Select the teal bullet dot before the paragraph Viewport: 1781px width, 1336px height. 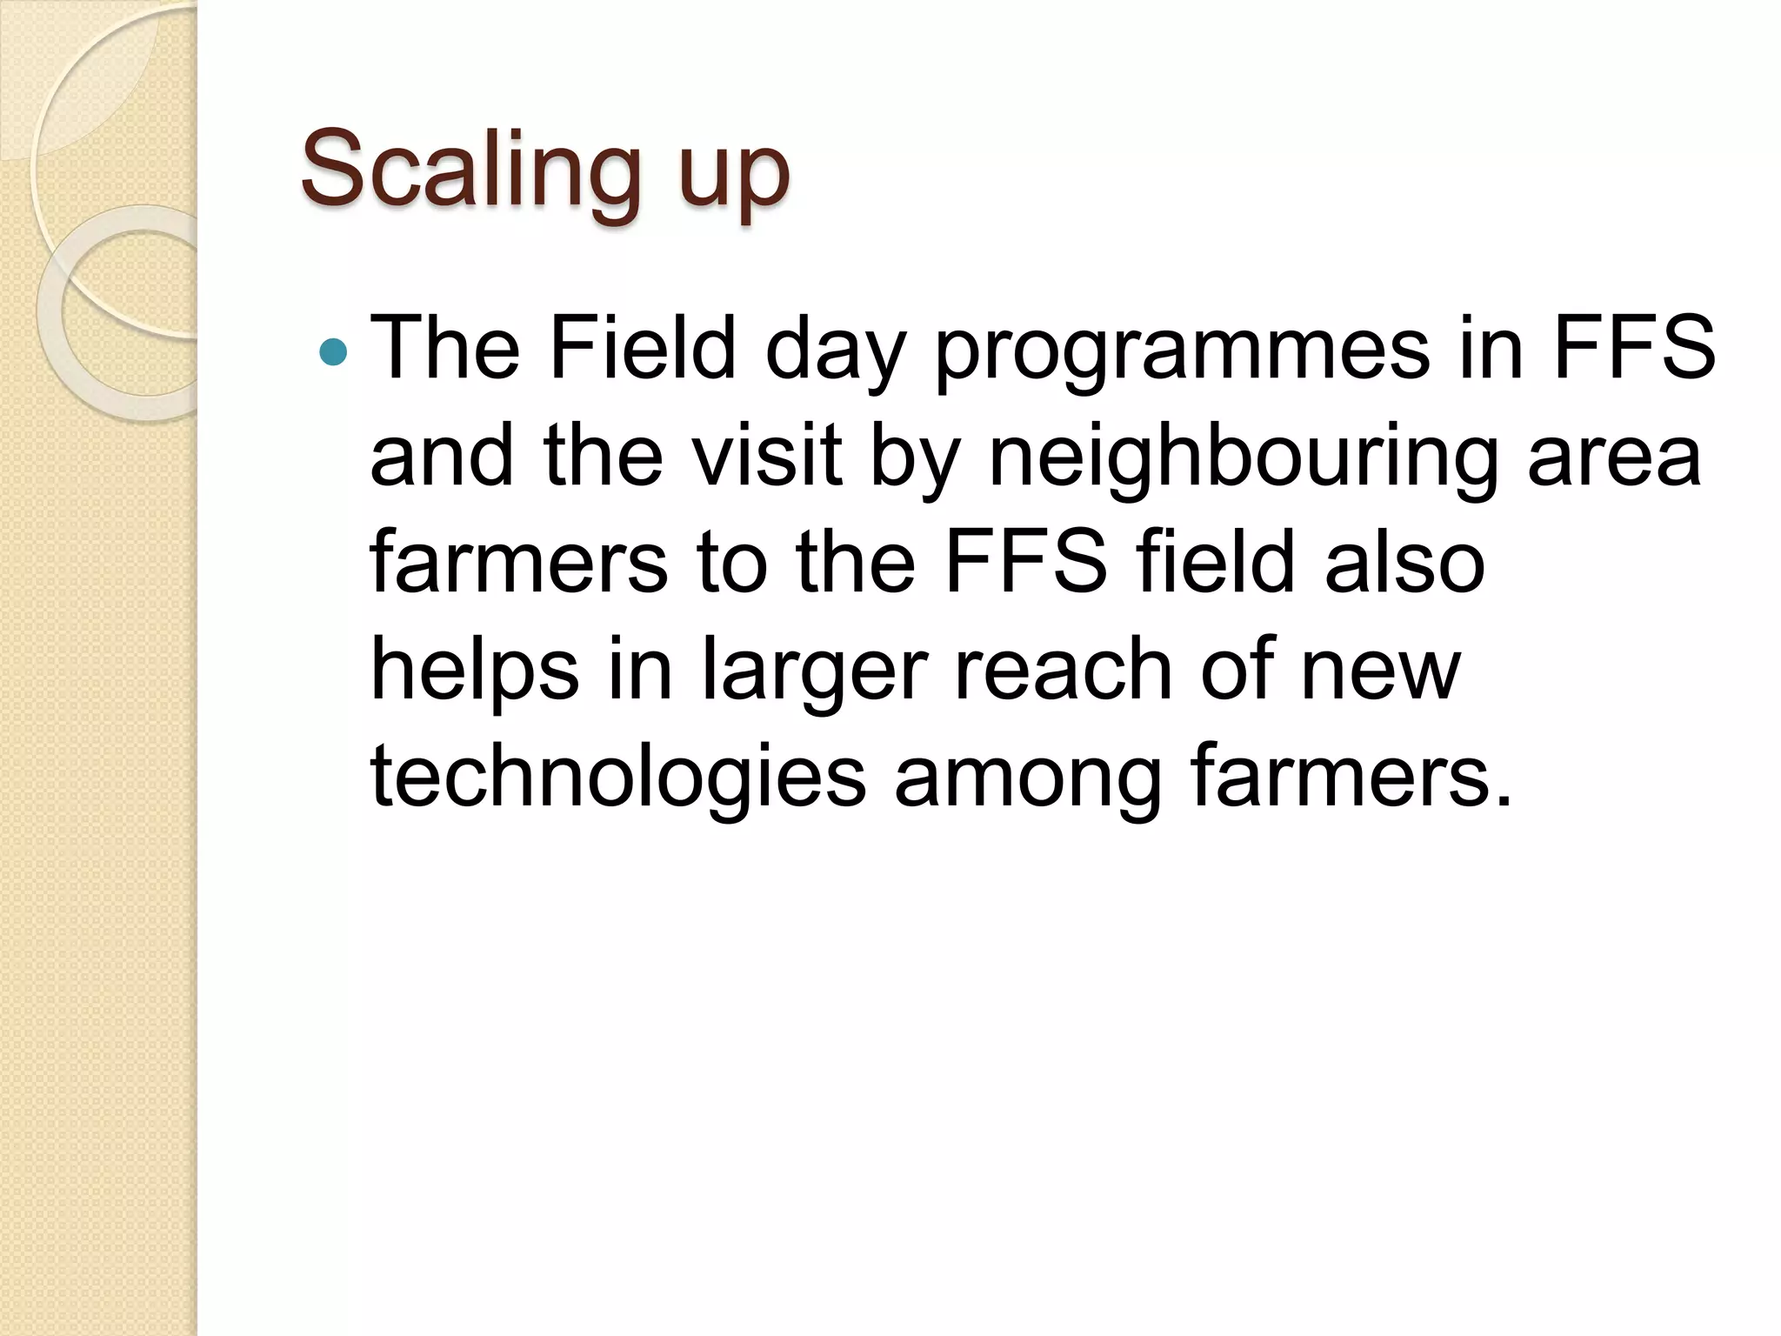[333, 351]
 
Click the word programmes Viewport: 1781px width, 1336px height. [1182, 352]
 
